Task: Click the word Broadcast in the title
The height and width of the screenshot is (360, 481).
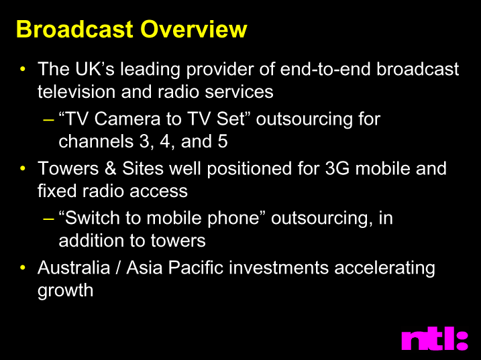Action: tap(74, 29)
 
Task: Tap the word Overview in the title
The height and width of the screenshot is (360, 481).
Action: tap(194, 29)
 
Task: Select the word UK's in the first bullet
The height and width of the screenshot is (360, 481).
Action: tap(95, 68)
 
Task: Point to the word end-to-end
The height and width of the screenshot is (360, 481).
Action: tap(325, 68)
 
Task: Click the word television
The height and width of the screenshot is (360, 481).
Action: tap(76, 91)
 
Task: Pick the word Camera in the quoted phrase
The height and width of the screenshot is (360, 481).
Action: tap(127, 119)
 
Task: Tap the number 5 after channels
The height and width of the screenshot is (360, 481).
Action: tap(223, 141)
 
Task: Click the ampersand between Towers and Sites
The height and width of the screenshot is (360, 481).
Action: tap(111, 168)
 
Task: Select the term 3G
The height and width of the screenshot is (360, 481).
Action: tap(337, 168)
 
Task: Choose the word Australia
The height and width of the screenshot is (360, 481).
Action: tap(74, 267)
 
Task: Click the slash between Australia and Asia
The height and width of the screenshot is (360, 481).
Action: tap(118, 267)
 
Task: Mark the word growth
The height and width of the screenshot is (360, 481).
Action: tap(65, 291)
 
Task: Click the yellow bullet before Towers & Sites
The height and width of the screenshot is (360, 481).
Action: tap(22, 168)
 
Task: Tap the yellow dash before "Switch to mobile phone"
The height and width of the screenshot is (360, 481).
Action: tap(49, 219)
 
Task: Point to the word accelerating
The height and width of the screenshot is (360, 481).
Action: tap(384, 268)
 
